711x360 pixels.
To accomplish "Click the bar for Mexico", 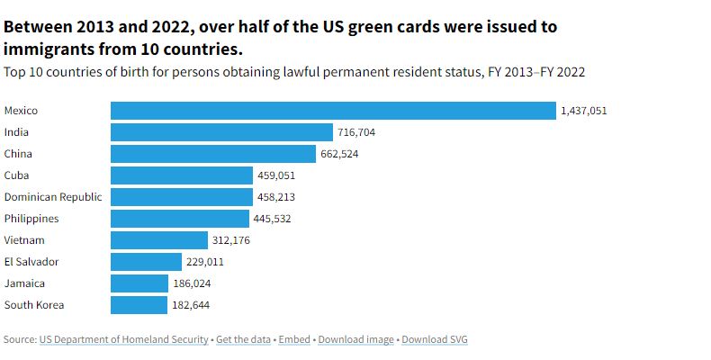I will point(333,111).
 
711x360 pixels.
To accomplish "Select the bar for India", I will point(221,132).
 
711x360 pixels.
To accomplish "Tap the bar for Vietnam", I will point(159,240).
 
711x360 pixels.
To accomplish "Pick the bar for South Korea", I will point(139,305).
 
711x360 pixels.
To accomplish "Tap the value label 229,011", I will point(203,262).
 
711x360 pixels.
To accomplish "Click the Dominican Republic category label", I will point(53,197).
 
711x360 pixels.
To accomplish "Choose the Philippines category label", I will point(31,219).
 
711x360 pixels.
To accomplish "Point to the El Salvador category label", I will point(31,262).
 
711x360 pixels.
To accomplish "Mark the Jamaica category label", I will point(24,283).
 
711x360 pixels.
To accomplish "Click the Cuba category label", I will point(17,175).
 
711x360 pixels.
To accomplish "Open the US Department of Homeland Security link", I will point(124,339).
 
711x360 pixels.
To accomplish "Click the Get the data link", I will point(244,339).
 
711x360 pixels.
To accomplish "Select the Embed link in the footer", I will point(294,339).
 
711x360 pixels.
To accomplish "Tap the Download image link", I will point(356,339).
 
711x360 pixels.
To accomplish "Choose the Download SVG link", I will point(435,339).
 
